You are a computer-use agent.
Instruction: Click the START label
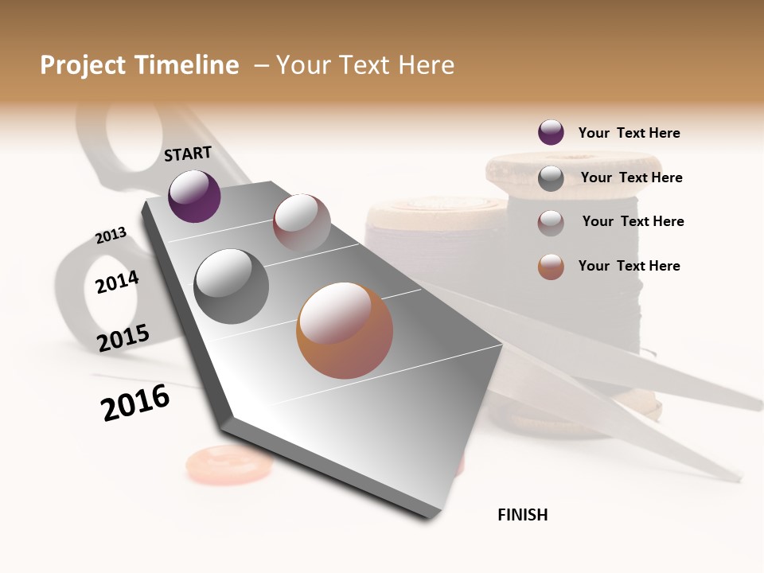188,154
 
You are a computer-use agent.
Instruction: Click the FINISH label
522,515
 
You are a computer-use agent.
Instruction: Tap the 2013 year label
111,236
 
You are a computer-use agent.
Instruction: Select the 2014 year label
117,282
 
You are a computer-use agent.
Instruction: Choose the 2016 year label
135,403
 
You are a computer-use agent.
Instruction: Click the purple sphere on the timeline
194,196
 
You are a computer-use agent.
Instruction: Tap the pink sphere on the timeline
302,223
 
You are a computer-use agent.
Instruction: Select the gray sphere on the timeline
232,286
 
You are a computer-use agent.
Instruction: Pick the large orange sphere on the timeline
345,330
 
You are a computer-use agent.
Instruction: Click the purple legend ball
551,132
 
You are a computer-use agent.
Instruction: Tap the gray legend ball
551,177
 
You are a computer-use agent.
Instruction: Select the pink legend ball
551,222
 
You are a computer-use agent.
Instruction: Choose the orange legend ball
551,267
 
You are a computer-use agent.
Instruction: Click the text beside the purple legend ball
629,133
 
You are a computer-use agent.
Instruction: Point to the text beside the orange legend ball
629,266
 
